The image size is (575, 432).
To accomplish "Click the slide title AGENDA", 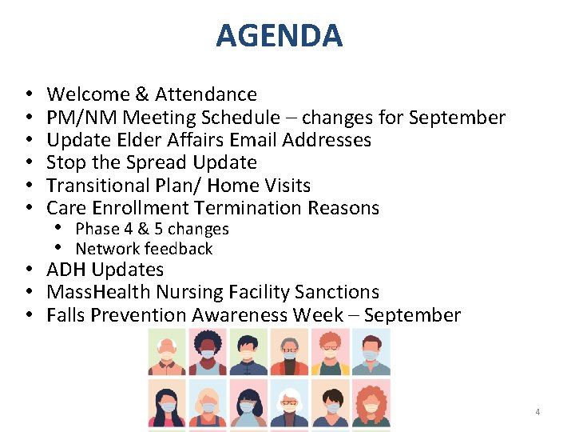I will [x=279, y=36].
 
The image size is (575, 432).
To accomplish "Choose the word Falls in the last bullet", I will [x=65, y=315].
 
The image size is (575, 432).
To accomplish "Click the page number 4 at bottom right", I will [x=537, y=412].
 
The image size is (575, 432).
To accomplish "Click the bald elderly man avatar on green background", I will [x=167, y=352].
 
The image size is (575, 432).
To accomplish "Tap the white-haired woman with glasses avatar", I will [x=289, y=403].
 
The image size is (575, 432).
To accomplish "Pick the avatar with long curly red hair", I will [x=371, y=403].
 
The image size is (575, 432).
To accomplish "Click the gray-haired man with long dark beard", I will [x=289, y=352].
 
